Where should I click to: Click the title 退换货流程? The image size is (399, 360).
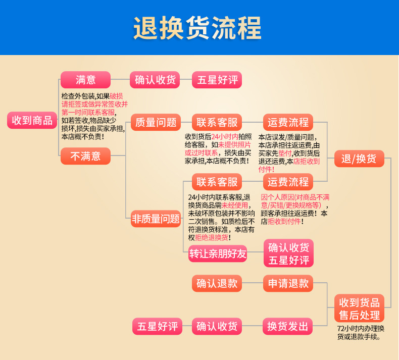point(198,28)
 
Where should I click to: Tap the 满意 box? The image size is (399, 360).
point(85,80)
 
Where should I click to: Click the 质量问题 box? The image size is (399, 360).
point(156,122)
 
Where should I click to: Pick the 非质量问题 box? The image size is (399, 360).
point(156,219)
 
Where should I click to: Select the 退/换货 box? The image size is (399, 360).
point(359,159)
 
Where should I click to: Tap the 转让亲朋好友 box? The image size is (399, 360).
point(218,254)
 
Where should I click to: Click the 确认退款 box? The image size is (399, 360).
point(217,283)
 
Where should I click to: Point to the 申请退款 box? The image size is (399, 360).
point(288,283)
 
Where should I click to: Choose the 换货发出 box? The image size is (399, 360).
point(288,326)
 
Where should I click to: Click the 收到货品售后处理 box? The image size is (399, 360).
point(359,308)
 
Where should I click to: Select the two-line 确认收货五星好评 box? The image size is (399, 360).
point(288,253)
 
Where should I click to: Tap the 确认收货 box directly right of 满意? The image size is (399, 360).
point(156,80)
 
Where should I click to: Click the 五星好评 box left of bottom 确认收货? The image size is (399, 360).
point(156,326)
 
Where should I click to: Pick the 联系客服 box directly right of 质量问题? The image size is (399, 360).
point(217,122)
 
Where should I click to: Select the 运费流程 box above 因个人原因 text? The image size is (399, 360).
point(288,181)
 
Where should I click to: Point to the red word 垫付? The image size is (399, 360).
point(285,153)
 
